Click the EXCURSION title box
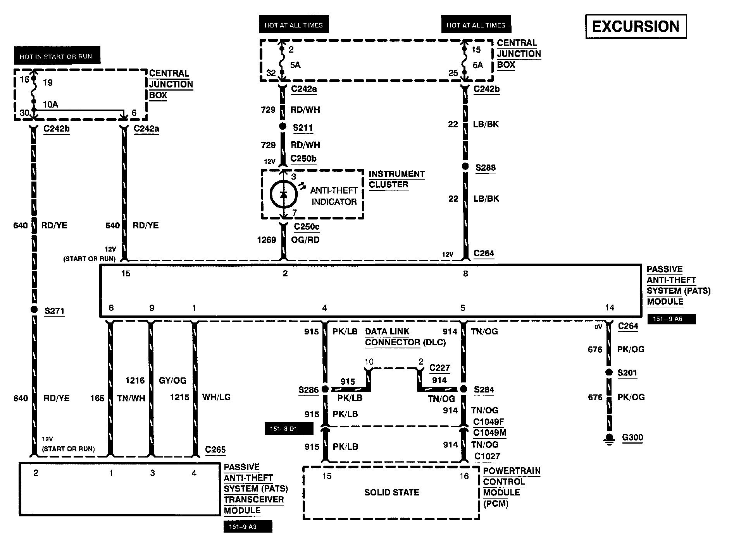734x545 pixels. point(636,26)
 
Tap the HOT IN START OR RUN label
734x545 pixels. point(56,57)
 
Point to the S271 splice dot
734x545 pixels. point(34,309)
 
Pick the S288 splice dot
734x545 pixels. point(465,167)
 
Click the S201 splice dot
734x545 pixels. point(609,372)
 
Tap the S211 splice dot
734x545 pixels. point(283,127)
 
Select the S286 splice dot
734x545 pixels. point(325,389)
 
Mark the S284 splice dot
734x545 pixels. point(463,389)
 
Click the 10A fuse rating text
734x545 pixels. point(50,105)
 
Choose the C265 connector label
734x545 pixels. point(215,450)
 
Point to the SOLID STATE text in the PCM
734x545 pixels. point(391,492)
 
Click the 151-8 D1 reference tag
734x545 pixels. point(289,429)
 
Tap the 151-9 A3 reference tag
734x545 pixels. point(248,526)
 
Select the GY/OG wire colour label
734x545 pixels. point(172,380)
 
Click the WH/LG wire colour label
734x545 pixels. point(216,397)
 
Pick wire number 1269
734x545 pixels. point(267,240)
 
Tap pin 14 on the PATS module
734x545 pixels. point(610,308)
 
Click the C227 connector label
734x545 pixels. point(439,368)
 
